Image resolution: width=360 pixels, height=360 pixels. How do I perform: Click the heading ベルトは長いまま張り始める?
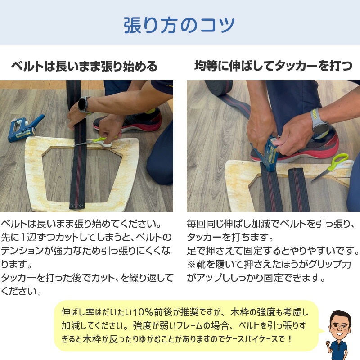85,67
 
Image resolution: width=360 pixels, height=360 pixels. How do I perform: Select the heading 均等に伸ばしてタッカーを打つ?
273,67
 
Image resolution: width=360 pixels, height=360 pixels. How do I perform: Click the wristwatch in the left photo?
84,105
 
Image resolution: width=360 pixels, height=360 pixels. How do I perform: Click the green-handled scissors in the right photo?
335,165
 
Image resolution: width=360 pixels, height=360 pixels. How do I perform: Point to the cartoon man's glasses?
339,324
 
